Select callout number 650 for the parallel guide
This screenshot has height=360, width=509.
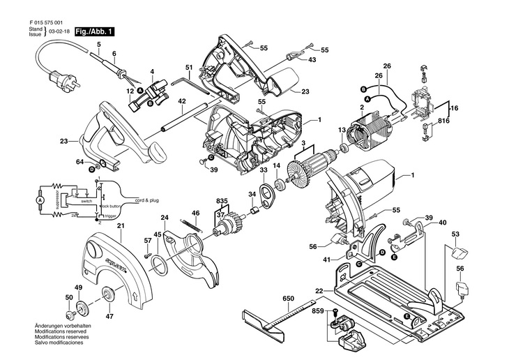point(287,298)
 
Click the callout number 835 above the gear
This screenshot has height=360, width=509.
point(222,201)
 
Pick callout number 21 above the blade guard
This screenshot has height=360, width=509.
point(120,225)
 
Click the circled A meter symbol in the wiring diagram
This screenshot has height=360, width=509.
point(40,200)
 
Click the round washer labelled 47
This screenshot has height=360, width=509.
point(108,294)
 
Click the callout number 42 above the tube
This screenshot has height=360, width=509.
point(181,101)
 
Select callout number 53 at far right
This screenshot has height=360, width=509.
point(455,234)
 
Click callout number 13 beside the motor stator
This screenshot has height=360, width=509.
point(343,130)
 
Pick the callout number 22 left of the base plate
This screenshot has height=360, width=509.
point(319,290)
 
